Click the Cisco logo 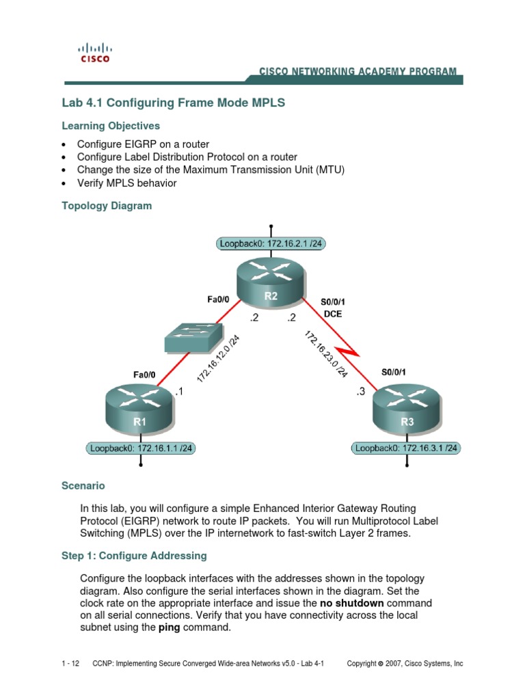(94, 53)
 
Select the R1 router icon (139, 409)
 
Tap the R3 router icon (407, 409)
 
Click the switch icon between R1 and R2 (193, 338)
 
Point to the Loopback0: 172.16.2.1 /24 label (271, 244)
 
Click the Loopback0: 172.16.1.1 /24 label (141, 448)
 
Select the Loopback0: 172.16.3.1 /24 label (406, 448)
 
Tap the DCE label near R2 (333, 314)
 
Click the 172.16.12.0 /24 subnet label (218, 358)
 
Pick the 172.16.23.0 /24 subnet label (326, 354)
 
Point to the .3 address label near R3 (360, 392)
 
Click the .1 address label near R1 (179, 392)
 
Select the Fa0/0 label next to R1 (144, 375)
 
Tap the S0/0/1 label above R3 (393, 372)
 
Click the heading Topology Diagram (107, 206)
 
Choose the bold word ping (170, 628)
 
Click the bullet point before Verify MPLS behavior (64, 183)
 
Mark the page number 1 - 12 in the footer (70, 663)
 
